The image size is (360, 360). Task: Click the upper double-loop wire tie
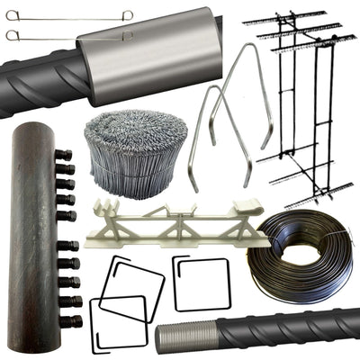click(x=67, y=14)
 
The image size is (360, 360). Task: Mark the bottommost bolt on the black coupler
click(x=69, y=320)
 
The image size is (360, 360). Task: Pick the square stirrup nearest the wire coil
click(x=201, y=283)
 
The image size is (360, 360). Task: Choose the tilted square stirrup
click(x=132, y=288)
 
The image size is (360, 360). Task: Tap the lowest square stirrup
click(x=117, y=323)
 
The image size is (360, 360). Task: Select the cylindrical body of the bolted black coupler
click(x=31, y=234)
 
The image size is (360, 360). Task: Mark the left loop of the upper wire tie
click(x=12, y=15)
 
